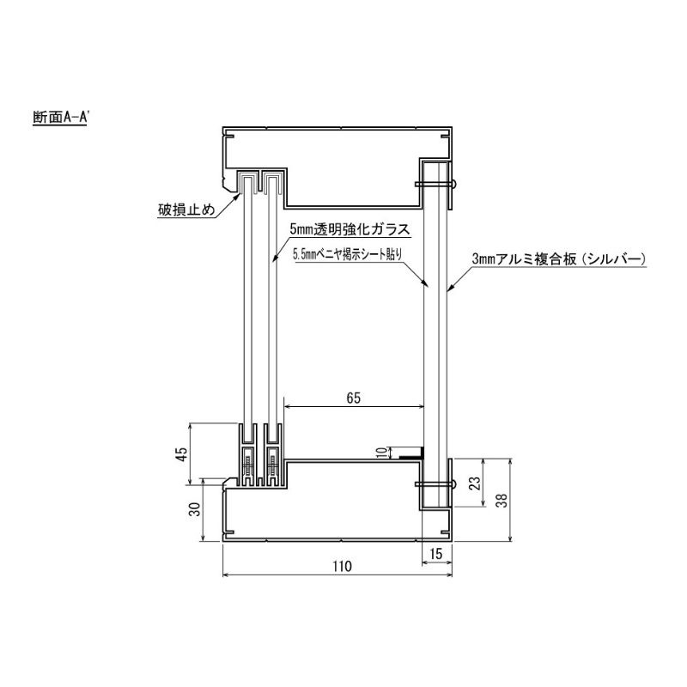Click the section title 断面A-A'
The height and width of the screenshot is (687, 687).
tap(59, 118)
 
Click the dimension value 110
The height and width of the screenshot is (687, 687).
tap(342, 567)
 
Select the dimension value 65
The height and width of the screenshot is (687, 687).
tap(353, 398)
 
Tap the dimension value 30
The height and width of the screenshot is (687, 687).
tap(195, 508)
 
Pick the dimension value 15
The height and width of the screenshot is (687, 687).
tap(436, 554)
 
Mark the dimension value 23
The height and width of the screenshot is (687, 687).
tap(475, 483)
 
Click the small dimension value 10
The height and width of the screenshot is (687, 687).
tap(382, 453)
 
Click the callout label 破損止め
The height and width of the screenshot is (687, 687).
tap(186, 210)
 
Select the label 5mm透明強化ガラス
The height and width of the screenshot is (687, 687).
tap(350, 229)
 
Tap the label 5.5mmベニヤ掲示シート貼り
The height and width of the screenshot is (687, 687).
tap(348, 254)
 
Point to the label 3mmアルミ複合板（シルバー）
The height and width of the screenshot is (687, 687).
tap(559, 259)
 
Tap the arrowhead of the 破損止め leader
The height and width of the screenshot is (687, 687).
tap(238, 196)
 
